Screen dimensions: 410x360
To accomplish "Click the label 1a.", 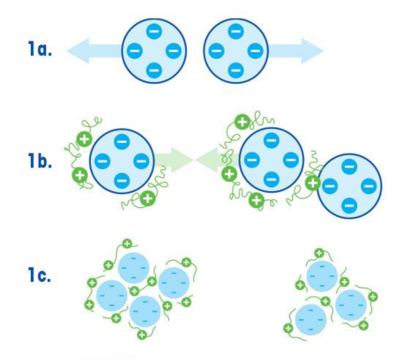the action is pos(40,49).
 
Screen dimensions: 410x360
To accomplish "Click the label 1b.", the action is pos(40,160).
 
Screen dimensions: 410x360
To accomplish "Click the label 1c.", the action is pos(40,275).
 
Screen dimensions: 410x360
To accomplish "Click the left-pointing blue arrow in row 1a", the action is pos(94,50).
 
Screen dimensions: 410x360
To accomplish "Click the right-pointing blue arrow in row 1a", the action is pos(296,50).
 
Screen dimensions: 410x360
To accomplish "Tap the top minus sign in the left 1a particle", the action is pos(154,31).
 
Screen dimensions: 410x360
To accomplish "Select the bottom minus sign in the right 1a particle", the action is pos(235,70).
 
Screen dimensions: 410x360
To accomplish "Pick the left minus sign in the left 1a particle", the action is pos(135,50).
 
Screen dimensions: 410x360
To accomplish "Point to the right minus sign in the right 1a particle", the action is pos(255,50).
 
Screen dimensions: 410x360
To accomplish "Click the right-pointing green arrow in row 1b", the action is pos(174,160).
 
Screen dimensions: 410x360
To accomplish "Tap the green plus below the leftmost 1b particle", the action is pos(148,198).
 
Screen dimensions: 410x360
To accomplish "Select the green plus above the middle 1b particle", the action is pos(243,122).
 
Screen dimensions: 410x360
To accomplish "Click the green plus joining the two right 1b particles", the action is pos(313,183).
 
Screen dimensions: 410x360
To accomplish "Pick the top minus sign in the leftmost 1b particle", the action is pos(122,141).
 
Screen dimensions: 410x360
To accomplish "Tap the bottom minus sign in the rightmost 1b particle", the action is pos(349,206).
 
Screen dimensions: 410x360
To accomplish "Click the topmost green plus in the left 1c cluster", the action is pos(127,244).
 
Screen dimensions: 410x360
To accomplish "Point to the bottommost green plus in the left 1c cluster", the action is pos(142,335).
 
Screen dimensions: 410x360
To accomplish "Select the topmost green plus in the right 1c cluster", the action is pos(319,254).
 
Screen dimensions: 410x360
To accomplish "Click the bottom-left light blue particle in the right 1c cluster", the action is pos(311,320).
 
